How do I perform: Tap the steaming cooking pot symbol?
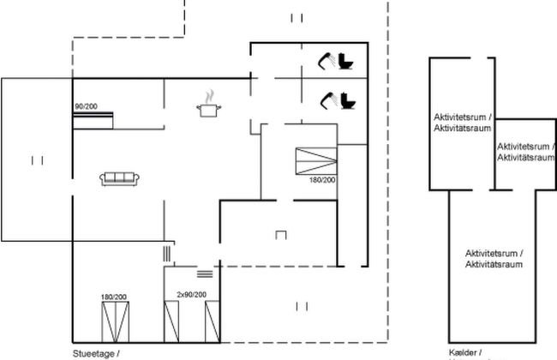coord(207,106)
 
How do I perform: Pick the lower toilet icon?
coord(347,99)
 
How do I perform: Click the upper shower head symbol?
coord(326,59)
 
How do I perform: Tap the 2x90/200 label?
coord(191,295)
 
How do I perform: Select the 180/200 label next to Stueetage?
coord(114,297)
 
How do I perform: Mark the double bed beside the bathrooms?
coord(316,160)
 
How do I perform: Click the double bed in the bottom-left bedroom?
coord(114,321)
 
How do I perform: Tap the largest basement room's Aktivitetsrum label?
coord(494,260)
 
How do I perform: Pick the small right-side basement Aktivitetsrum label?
coord(524,152)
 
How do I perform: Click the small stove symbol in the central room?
coord(280,233)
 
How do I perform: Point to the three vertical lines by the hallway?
coord(165,253)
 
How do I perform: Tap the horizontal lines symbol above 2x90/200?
coord(204,273)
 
